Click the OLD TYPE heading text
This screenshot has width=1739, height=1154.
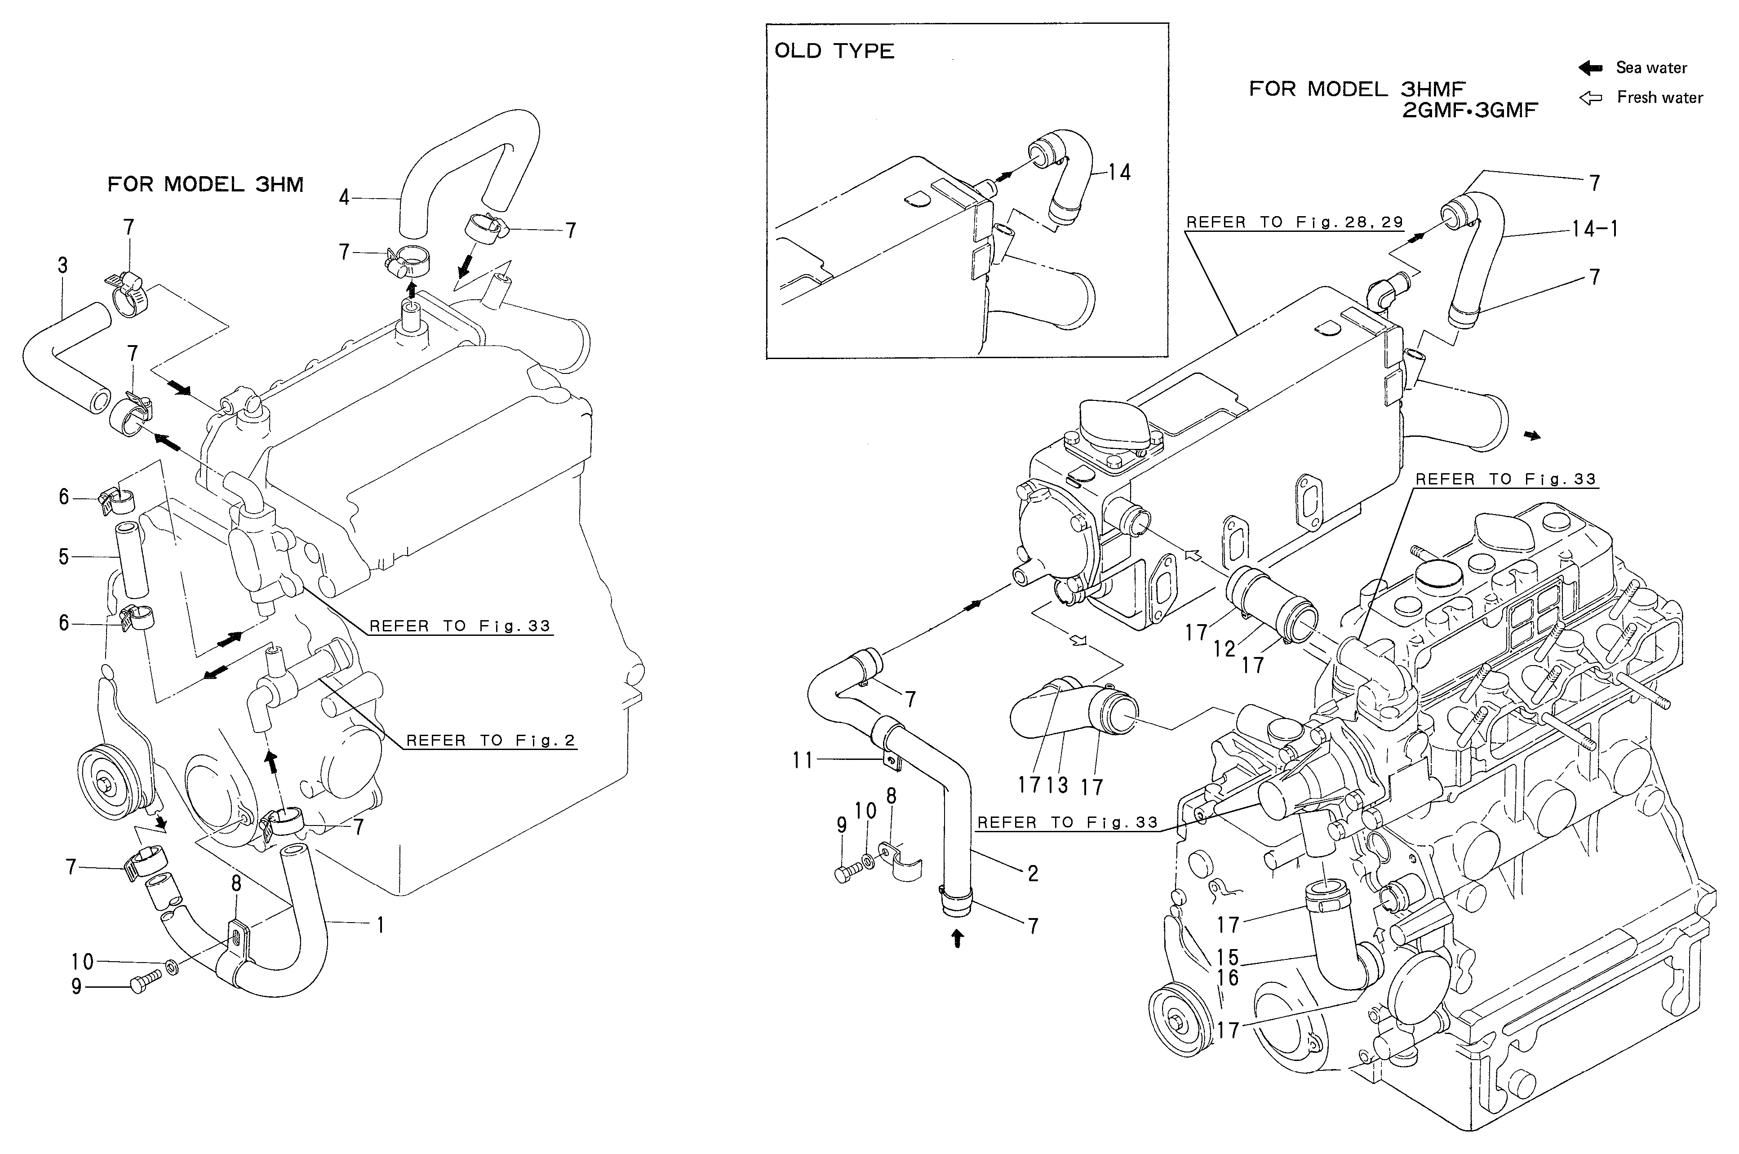tap(834, 51)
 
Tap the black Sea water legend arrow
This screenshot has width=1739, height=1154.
tap(1590, 68)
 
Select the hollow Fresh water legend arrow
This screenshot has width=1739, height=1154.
tap(1590, 98)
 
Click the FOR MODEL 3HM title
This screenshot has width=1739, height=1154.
tap(205, 184)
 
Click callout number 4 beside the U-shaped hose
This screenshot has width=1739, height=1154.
tap(344, 197)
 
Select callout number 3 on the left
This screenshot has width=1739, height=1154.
tap(62, 265)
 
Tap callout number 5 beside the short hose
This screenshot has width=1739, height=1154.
tap(64, 556)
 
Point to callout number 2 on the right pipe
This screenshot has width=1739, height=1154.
tap(1033, 874)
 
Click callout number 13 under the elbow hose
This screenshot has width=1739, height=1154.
tap(1057, 785)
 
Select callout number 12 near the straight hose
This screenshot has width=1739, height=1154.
tap(1224, 648)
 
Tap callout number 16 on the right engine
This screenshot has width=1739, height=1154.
tap(1228, 978)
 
